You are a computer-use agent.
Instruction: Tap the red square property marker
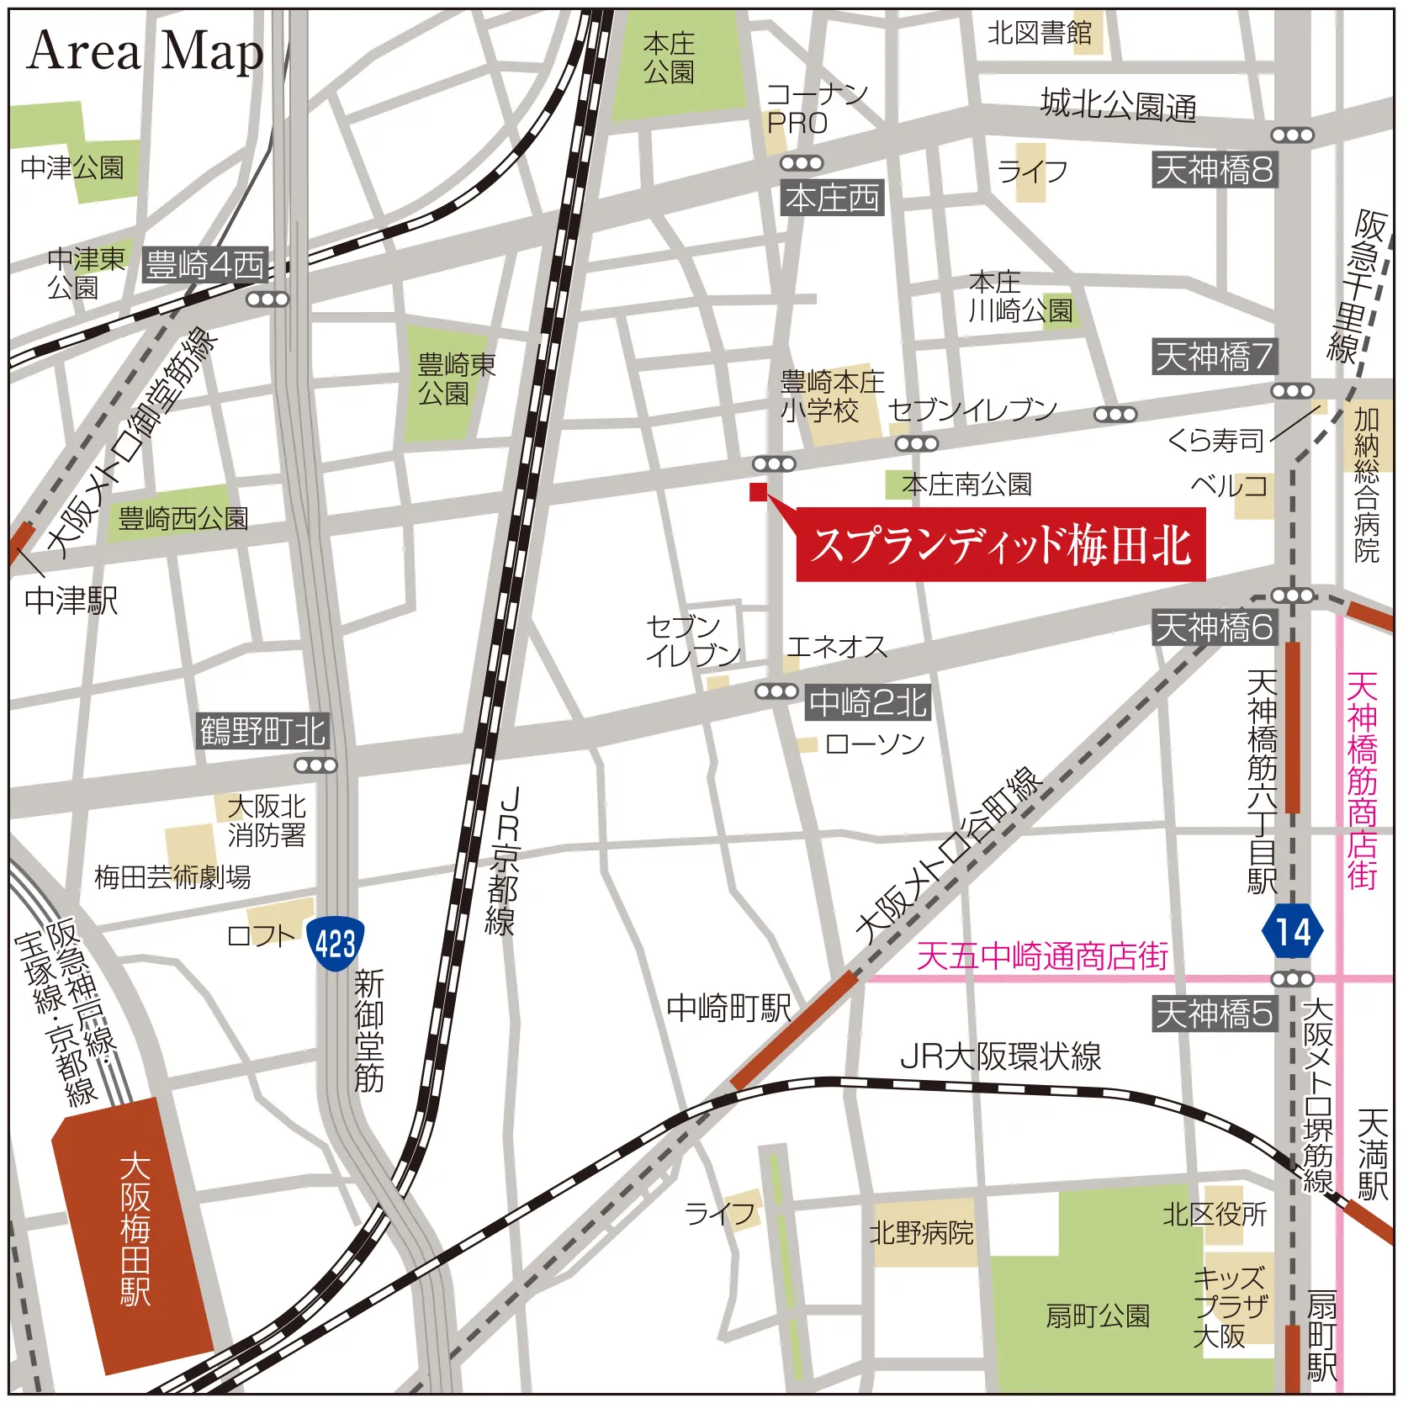(758, 492)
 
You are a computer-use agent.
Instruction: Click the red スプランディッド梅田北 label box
(1001, 545)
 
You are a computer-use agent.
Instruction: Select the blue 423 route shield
(335, 944)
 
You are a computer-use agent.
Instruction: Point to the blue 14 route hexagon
(1292, 932)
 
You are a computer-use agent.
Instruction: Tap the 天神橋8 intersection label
(1214, 170)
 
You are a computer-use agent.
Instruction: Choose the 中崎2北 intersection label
(868, 702)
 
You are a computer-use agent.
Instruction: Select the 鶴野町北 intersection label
(262, 731)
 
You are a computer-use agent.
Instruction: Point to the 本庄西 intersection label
(831, 199)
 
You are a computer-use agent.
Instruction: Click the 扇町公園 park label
(1097, 1316)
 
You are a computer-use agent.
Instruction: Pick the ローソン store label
(875, 744)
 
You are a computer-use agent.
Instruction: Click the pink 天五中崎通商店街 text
(1041, 956)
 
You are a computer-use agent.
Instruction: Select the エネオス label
(836, 647)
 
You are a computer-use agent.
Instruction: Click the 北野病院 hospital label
(921, 1233)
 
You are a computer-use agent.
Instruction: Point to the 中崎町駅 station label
(728, 1008)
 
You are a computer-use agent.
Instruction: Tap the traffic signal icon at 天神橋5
(1292, 979)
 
